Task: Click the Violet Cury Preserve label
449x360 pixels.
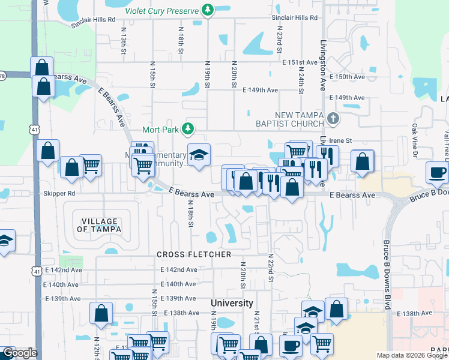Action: tap(161, 10)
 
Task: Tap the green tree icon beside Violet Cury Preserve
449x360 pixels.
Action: tap(208, 10)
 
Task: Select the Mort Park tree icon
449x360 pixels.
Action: tap(188, 128)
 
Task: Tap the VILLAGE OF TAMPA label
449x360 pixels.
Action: tap(99, 225)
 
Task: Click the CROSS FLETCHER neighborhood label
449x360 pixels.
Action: tap(194, 254)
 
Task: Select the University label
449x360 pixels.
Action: tap(232, 303)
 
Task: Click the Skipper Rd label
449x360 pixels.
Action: tap(59, 194)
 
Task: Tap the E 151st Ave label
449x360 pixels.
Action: tap(300, 62)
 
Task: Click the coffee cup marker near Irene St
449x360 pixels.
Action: tap(437, 173)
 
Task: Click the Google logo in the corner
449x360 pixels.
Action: tap(20, 353)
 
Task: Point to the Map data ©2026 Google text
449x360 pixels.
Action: tap(412, 355)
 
